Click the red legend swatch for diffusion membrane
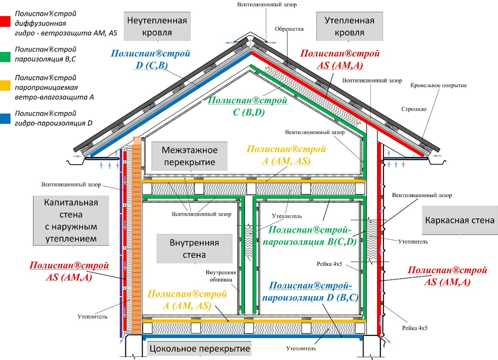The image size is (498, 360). click(x=5, y=21)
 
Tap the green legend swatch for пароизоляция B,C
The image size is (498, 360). click(x=5, y=57)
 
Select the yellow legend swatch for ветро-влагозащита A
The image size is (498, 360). click(x=5, y=85)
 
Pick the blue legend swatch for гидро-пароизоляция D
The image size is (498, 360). click(x=5, y=118)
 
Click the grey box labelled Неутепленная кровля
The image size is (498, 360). click(x=157, y=27)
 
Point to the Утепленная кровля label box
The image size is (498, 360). click(x=349, y=27)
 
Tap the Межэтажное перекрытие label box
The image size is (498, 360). click(x=190, y=156)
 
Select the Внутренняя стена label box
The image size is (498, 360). click(x=194, y=249)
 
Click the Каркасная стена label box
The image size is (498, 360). click(x=460, y=220)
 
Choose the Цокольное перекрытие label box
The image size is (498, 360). click(x=200, y=349)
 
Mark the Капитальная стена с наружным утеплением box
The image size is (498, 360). click(x=71, y=220)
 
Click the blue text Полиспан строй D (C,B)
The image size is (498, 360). click(x=150, y=59)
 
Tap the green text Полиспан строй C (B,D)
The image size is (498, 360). click(x=248, y=106)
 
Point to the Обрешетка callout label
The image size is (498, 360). click(x=289, y=29)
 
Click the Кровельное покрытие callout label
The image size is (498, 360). click(x=438, y=85)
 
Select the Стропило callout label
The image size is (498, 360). click(x=414, y=109)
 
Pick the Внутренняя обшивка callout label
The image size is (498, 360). click(x=221, y=276)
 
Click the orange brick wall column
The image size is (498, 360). click(x=137, y=235)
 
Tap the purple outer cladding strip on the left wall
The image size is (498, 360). click(x=121, y=243)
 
